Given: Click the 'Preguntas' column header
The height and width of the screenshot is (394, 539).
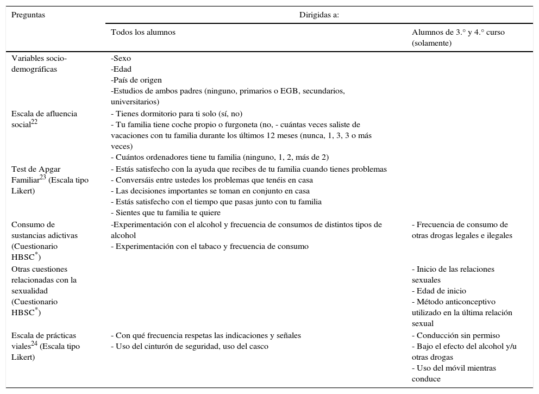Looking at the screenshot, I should click(x=28, y=15).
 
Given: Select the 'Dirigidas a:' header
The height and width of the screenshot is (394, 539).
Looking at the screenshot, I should click(x=319, y=15).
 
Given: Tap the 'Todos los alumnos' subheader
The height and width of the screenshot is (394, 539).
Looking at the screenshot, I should click(x=143, y=32).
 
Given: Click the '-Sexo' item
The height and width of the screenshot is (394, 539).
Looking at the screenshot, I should click(x=121, y=58).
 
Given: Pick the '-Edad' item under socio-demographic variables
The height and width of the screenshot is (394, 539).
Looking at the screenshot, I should click(x=121, y=69).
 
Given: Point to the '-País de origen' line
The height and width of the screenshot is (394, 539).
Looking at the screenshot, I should click(x=136, y=80).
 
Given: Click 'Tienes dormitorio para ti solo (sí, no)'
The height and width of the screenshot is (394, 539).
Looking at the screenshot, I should click(x=177, y=114).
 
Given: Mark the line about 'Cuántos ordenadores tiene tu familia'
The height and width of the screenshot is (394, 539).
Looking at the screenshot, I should click(x=220, y=158).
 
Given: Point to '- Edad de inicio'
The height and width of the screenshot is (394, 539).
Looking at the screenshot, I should click(x=438, y=291).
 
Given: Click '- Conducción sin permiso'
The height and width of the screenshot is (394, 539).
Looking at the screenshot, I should click(x=455, y=335).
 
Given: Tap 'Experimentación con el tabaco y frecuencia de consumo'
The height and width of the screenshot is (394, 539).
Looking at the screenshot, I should click(x=210, y=246).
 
